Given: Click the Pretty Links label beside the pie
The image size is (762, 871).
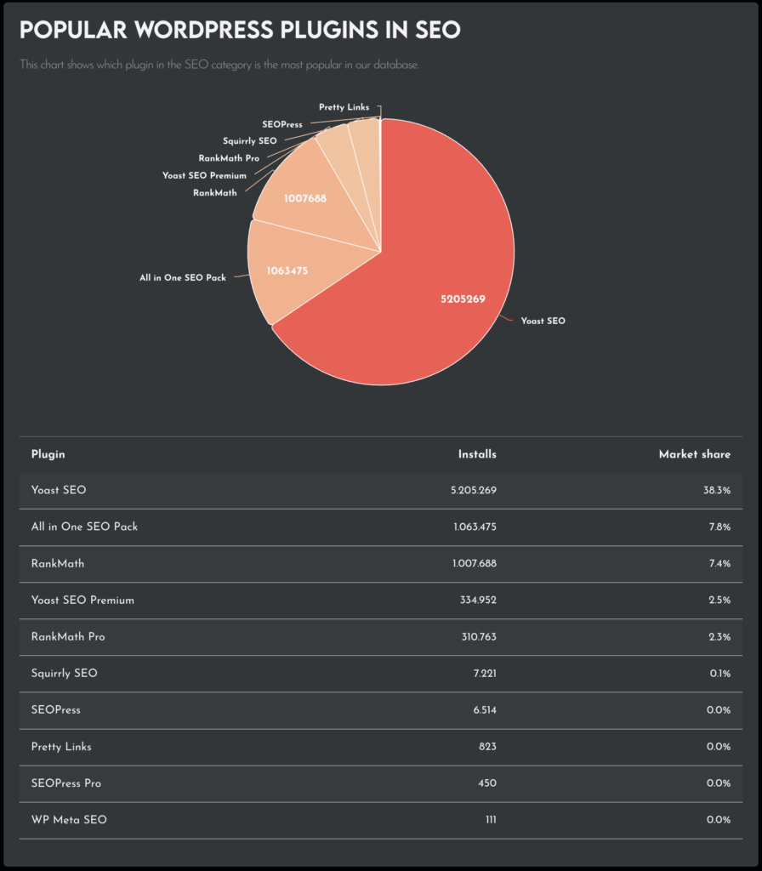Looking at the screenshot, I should [344, 107].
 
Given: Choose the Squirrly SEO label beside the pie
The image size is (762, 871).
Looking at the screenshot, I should [249, 140].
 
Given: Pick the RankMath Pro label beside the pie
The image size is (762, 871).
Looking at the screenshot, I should [229, 158].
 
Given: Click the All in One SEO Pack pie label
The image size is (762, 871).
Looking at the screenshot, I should [183, 277].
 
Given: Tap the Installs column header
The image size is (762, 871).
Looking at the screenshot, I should [477, 454].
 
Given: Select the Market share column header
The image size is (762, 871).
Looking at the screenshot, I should [694, 454].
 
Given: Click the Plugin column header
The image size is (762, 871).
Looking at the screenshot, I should [48, 454].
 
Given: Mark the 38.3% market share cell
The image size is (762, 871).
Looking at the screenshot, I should [716, 491].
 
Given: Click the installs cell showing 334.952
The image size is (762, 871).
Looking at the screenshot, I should [478, 601].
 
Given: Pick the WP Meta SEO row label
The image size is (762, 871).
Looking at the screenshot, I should [69, 820].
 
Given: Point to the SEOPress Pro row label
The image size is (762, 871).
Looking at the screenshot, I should [65, 783].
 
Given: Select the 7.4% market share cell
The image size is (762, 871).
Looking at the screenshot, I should [719, 564].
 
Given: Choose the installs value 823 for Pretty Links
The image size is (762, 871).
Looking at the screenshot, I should [487, 747].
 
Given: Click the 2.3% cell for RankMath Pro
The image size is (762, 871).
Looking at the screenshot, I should [718, 637].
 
